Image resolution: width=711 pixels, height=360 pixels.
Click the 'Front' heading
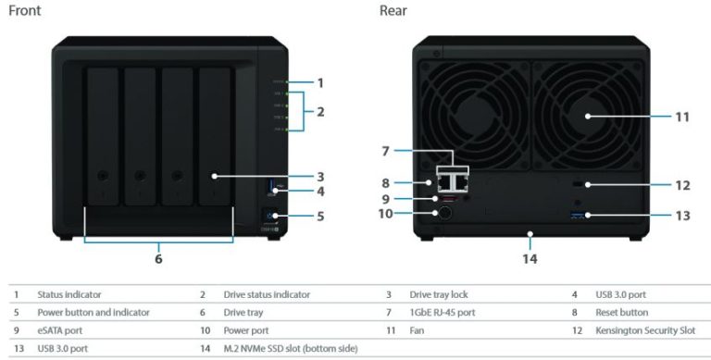click(23, 11)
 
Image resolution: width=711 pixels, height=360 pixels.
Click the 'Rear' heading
click(393, 11)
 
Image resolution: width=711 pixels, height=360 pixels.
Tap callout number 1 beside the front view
click(320, 82)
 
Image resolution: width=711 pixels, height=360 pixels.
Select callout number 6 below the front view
click(158, 259)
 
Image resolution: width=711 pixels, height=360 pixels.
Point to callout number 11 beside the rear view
click(683, 118)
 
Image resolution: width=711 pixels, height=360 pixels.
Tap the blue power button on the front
click(273, 218)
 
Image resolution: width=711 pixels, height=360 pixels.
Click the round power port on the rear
click(443, 214)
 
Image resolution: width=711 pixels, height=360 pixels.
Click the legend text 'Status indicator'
click(69, 294)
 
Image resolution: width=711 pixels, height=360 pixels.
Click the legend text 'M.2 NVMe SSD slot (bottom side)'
click(291, 347)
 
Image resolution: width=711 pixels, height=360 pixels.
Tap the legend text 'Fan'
click(417, 329)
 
